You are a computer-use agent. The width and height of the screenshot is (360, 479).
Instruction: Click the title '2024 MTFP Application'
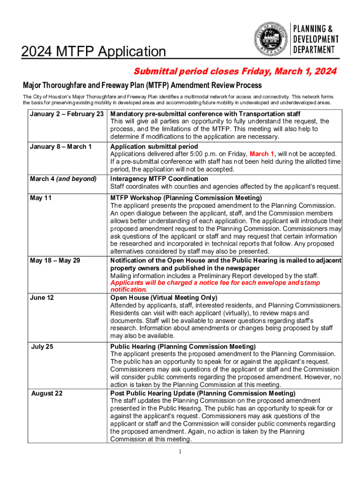point(94,52)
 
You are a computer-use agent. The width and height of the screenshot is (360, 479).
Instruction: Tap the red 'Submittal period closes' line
point(235,72)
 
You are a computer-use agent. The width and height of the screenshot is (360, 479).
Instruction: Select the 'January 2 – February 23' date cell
point(66,114)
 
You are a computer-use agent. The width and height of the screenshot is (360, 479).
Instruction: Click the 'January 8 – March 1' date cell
point(60,146)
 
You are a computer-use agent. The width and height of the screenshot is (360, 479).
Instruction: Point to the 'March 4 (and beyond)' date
point(63,179)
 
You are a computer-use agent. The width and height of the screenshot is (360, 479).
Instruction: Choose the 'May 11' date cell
point(41,198)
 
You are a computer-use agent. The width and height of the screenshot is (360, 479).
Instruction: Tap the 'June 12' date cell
point(43,298)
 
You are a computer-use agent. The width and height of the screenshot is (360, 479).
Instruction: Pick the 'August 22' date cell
point(46,393)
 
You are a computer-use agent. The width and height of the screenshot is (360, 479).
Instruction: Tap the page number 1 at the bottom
point(180,452)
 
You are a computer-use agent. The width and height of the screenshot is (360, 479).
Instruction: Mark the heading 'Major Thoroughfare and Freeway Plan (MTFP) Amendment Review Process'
point(142,86)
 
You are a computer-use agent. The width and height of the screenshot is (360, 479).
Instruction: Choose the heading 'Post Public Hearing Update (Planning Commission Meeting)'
point(202,393)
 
